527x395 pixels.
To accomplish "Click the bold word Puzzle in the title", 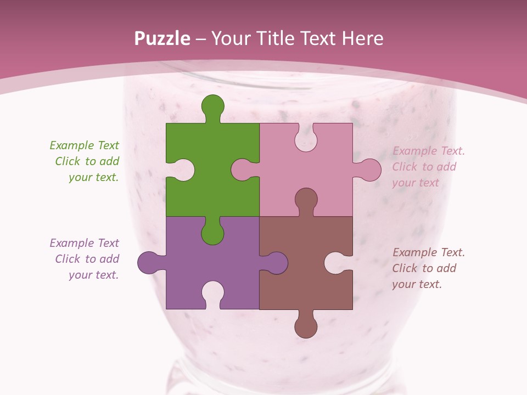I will (162, 38).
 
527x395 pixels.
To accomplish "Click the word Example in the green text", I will (72, 145).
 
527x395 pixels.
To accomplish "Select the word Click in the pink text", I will (405, 167).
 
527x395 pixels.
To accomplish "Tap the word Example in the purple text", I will (72, 243).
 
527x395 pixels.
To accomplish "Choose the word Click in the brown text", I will (405, 268).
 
